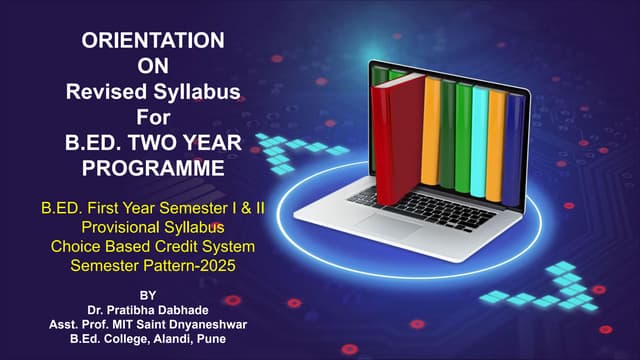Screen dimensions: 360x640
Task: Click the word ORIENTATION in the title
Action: pos(151,41)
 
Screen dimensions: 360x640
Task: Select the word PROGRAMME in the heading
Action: pos(151,169)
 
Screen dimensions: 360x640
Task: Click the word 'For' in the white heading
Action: pos(151,118)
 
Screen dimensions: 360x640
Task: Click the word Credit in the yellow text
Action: pos(176,246)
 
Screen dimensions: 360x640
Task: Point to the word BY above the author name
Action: pos(148,296)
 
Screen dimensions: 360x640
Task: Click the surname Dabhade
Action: pos(182,309)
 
